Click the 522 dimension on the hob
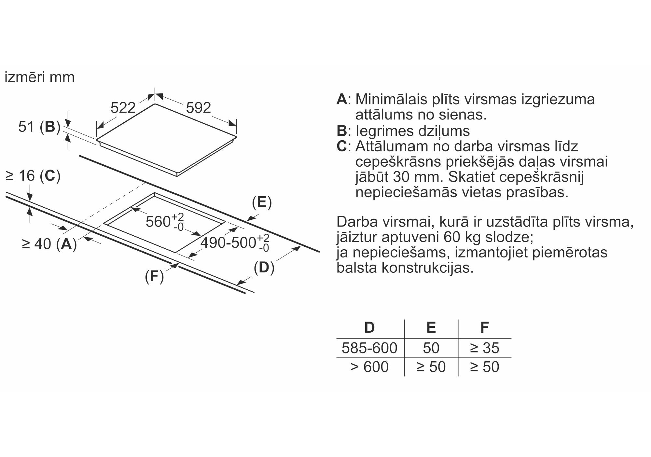[x=123, y=107]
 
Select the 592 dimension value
[x=198, y=108]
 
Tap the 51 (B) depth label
[x=39, y=127]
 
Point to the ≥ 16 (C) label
[x=33, y=176]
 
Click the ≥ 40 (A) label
[x=49, y=244]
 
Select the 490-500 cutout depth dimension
[x=235, y=243]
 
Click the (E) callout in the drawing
[x=262, y=202]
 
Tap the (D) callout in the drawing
[x=264, y=268]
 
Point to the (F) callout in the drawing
[x=154, y=277]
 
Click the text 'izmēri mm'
[x=40, y=77]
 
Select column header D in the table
[x=369, y=327]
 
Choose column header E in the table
[x=431, y=327]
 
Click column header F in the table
[x=484, y=327]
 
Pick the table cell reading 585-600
[x=369, y=348]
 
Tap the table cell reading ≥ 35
[x=484, y=348]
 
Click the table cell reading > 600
[x=369, y=367]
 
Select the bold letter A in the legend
[x=342, y=99]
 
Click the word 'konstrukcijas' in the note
[x=427, y=268]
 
